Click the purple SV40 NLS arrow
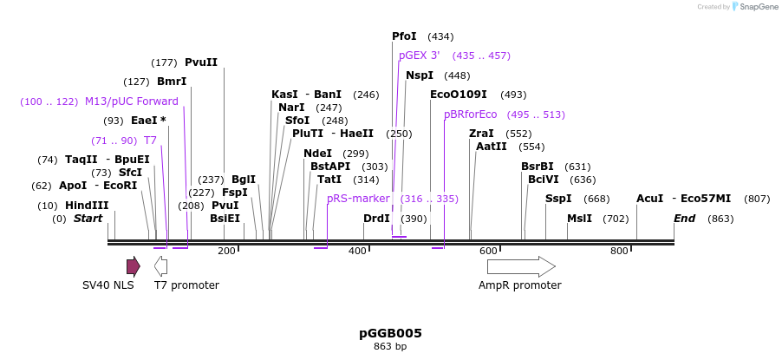coord(133,266)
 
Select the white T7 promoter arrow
coord(160,266)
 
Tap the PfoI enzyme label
coord(404,36)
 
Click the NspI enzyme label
coord(420,75)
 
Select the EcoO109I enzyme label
coord(458,95)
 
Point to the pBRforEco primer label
coord(470,115)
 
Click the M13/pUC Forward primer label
coord(131,101)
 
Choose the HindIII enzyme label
coord(87,206)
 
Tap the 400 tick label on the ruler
coord(357,252)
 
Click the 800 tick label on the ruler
coord(619,252)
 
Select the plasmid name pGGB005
coord(390,333)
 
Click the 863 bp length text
coord(390,347)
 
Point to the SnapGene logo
coord(754,7)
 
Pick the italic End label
coord(684,219)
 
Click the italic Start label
coord(88,219)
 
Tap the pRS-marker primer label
coord(358,199)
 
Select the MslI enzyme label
coord(579,219)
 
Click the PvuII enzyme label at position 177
coord(201,62)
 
